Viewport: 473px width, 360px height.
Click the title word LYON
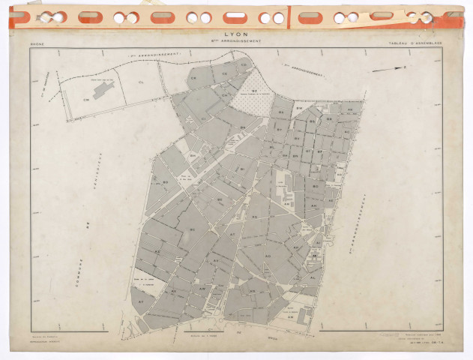click(238, 34)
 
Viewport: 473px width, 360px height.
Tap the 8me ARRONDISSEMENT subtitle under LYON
click(238, 42)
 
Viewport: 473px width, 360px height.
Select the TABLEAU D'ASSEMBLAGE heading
click(415, 44)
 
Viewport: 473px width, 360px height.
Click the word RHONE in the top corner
click(36, 44)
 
